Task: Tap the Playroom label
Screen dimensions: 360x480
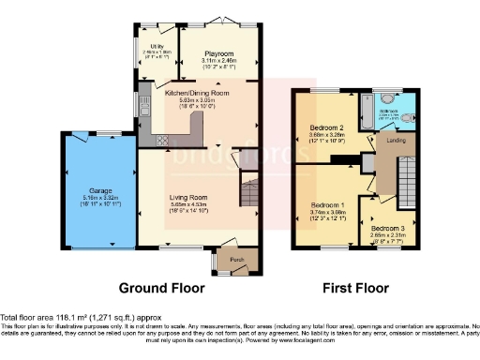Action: point(218,54)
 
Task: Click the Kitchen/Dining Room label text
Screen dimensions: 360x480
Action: point(197,94)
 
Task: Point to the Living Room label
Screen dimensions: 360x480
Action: point(188,198)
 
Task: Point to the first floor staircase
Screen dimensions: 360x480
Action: point(409,184)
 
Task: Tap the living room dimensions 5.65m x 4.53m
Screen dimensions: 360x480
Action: point(188,205)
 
